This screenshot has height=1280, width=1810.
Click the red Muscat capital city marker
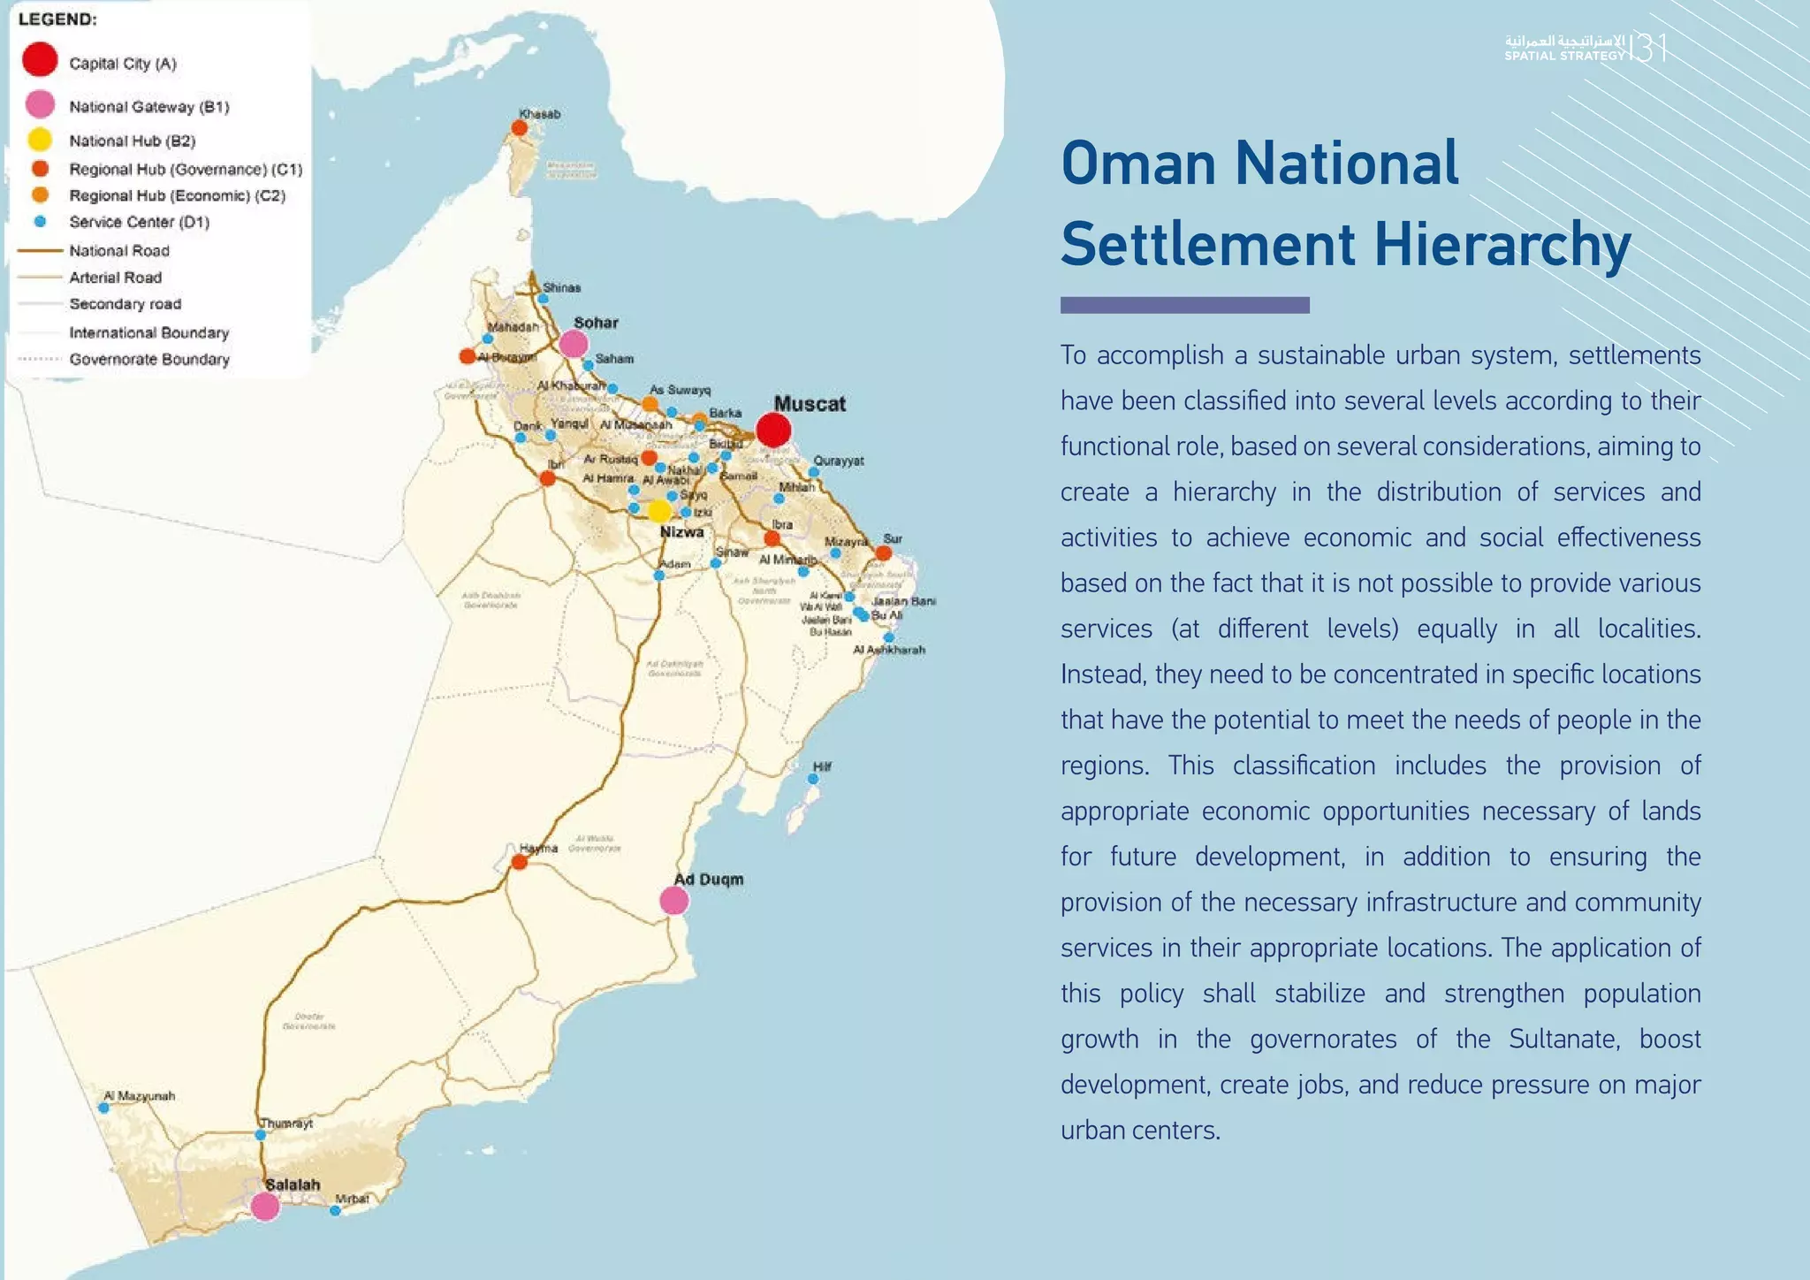click(773, 430)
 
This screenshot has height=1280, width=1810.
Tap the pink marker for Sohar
click(574, 343)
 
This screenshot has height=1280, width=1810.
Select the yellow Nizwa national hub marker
click(659, 511)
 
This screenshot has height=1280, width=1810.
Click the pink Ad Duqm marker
click(674, 901)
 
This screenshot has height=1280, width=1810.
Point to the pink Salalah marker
click(265, 1206)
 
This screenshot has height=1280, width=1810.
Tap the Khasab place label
click(540, 114)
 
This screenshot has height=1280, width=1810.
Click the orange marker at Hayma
click(520, 862)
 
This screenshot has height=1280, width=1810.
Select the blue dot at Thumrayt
click(261, 1135)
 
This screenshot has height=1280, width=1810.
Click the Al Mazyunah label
click(140, 1096)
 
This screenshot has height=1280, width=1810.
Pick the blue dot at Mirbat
click(335, 1211)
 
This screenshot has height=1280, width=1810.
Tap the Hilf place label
click(822, 766)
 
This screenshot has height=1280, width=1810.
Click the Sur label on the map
click(893, 538)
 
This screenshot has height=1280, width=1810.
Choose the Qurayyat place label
click(839, 461)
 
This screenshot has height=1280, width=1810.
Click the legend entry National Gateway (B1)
click(149, 107)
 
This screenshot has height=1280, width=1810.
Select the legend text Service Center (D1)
click(140, 222)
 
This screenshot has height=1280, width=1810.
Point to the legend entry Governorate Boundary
click(149, 359)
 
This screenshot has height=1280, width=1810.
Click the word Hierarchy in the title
click(1502, 244)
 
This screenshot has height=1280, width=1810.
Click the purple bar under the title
click(1184, 305)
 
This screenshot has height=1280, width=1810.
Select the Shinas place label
click(562, 287)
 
